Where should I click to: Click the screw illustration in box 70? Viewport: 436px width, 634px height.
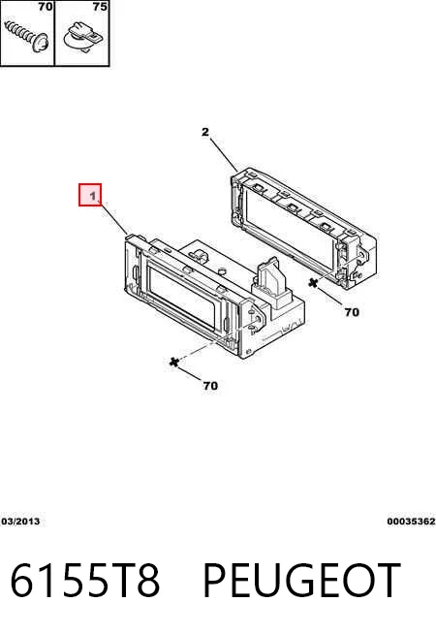pos(27,37)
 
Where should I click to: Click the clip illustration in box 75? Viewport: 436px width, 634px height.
pos(83,39)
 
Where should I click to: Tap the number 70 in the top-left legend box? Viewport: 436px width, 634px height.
pos(46,7)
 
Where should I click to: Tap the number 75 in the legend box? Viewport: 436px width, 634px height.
pos(100,7)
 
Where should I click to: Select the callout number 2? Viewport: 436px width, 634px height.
pos(205,132)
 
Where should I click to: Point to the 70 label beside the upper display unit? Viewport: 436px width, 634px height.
pos(352,312)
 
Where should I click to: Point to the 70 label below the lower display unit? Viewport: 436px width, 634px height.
pos(210,386)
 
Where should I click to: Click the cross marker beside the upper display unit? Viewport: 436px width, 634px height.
pos(313,283)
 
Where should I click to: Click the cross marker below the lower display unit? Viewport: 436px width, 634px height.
pos(174,362)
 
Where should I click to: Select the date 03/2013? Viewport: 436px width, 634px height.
pos(20,522)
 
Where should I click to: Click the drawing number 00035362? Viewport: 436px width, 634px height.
pos(411,522)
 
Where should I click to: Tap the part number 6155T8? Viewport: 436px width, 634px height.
pos(85,580)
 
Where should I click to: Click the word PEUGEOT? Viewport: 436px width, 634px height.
pos(301,580)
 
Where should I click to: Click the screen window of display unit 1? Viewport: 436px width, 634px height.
pos(183,298)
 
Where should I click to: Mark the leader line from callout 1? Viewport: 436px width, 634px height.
pos(114,219)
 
